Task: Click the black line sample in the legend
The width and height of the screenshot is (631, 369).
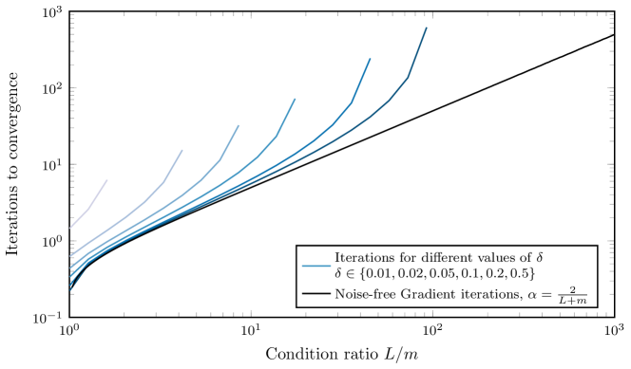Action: pos(315,294)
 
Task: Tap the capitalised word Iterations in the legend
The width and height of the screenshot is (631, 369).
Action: pos(364,258)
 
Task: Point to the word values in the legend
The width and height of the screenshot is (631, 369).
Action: pos(503,258)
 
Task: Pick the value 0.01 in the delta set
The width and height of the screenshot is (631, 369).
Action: pos(390,274)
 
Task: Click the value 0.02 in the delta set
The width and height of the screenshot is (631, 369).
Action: pos(419,274)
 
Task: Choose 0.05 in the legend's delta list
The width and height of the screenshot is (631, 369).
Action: pos(449,274)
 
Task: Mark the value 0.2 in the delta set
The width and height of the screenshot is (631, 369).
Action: pos(497,274)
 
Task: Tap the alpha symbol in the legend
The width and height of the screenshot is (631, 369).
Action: pos(538,294)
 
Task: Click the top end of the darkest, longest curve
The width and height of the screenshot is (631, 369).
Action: pos(426,28)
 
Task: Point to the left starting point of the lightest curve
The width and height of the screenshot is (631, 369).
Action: pos(71,227)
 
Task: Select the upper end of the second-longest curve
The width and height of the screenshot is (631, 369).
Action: pos(370,59)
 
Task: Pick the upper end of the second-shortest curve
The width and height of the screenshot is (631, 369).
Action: pos(182,150)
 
